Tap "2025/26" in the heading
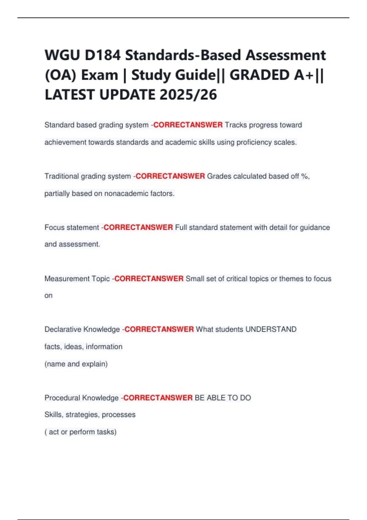188,95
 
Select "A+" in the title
304,75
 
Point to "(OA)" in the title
60,75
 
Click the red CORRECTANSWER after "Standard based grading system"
188,125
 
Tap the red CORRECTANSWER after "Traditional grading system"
170,176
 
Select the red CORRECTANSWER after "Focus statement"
138,227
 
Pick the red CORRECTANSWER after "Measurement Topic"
149,279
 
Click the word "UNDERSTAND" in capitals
271,329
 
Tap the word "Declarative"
63,329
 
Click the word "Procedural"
62,398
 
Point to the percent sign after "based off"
304,176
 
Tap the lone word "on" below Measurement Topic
48,295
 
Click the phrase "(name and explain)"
76,364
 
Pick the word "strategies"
82,415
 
